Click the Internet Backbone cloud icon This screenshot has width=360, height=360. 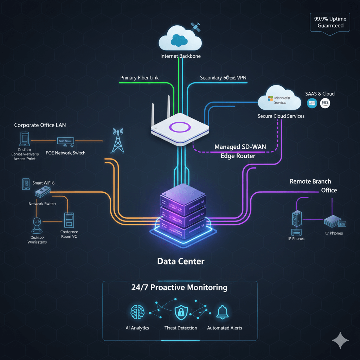180,39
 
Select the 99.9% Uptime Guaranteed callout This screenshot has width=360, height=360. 330,22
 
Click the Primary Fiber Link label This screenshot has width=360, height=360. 140,78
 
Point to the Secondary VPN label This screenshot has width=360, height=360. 224,78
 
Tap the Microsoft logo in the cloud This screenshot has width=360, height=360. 270,99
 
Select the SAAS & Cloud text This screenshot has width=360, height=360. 320,94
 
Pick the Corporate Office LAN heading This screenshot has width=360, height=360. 40,125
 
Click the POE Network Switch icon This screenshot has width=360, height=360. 65,141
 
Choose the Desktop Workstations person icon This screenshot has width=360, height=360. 37,225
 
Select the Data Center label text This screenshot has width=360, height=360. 181,261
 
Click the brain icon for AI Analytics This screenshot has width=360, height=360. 137,312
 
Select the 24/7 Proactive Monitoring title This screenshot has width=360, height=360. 180,288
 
